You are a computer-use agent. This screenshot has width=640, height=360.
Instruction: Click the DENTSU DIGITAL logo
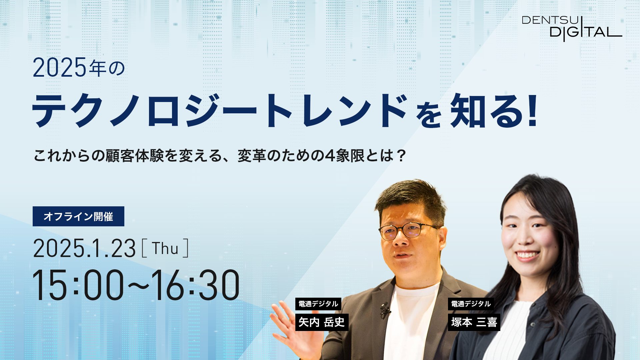(572, 29)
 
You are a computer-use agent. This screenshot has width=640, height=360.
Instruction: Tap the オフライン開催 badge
(78, 216)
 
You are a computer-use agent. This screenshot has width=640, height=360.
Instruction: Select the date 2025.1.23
(84, 248)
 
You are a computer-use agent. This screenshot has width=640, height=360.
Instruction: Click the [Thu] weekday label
(165, 248)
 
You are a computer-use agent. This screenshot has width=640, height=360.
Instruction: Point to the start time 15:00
(78, 285)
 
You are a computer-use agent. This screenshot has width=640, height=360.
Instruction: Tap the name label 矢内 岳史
(322, 322)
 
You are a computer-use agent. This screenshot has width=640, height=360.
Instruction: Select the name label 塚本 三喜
(474, 322)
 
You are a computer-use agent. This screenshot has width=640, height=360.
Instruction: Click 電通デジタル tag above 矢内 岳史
(318, 304)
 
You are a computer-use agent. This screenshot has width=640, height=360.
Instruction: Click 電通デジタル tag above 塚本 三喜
(471, 304)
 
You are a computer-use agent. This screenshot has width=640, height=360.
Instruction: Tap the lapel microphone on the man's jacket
(385, 310)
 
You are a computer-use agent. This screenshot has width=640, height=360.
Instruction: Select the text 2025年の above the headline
(79, 67)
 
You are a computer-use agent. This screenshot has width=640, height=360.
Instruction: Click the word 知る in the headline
(487, 111)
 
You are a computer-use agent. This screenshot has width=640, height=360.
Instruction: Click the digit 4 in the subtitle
(330, 156)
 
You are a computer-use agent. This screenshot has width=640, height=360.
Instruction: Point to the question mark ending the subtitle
(401, 156)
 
